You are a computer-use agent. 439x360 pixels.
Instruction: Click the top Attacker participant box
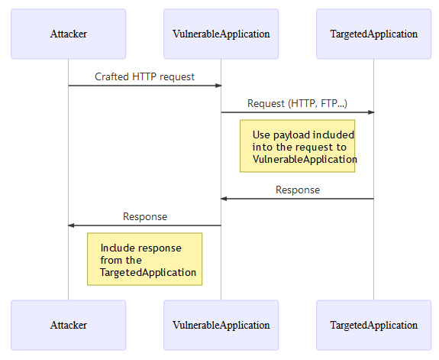point(68,34)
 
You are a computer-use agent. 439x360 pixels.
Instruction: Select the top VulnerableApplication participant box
point(221,34)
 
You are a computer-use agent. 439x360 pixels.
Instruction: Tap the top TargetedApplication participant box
point(373,34)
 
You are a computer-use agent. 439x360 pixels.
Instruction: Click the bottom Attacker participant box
point(68,325)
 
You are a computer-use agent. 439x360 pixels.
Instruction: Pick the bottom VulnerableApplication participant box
point(221,325)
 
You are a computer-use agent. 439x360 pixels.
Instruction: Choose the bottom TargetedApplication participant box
point(373,325)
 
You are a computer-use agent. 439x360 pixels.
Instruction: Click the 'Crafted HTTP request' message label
point(144,76)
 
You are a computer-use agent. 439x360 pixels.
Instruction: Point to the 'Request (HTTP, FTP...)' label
point(297,103)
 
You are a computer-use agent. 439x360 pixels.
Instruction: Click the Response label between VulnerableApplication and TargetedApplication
point(297,190)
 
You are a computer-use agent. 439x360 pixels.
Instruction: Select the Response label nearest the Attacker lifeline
point(144,216)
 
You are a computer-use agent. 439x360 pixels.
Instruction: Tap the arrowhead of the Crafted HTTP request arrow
point(218,86)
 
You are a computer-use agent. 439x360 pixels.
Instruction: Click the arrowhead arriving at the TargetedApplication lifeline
point(370,112)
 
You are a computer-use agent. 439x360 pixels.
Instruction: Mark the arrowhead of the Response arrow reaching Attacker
point(72,225)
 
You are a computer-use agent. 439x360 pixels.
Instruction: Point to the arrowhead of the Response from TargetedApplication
point(224,199)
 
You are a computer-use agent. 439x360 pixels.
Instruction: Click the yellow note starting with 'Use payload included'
point(297,146)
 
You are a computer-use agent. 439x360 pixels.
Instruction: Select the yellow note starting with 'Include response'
point(144,259)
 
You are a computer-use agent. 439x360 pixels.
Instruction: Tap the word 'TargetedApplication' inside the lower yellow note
point(147,272)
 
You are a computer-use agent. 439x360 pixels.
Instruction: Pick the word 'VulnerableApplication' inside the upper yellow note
point(304,159)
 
